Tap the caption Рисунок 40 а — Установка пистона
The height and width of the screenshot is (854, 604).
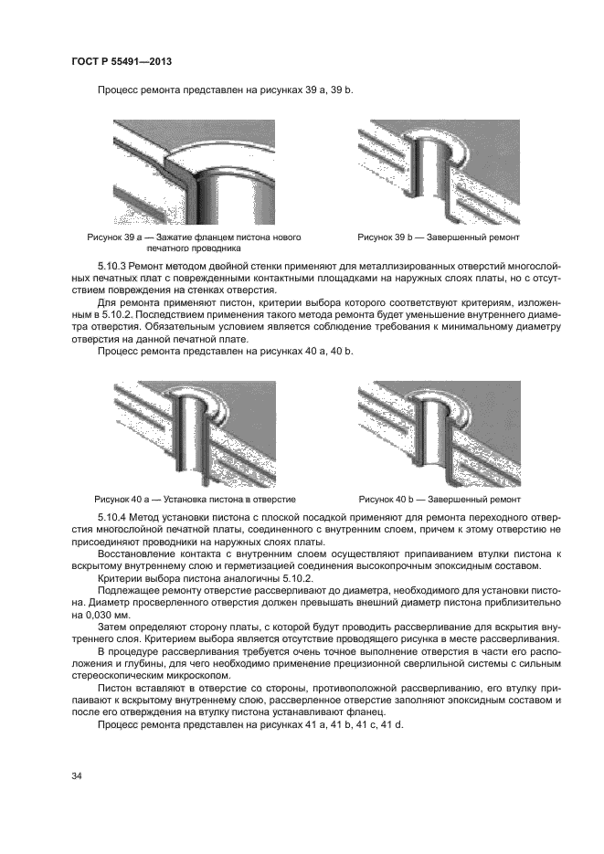click(195, 500)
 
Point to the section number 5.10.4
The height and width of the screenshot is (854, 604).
click(111, 518)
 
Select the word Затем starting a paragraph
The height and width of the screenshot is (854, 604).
click(111, 629)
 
